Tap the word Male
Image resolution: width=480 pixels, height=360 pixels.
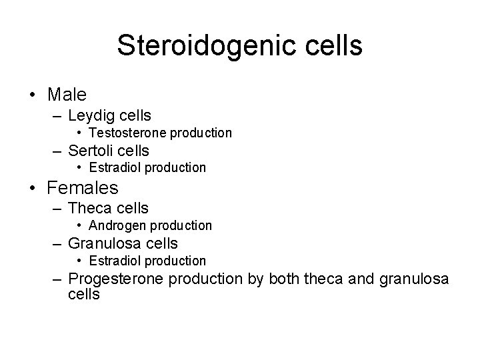[67, 95]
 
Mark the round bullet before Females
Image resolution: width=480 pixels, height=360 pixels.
[32, 189]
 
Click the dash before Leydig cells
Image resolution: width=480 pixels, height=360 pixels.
[57, 117]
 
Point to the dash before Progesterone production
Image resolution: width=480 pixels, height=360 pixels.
[57, 279]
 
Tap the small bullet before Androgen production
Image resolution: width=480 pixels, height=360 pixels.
[80, 226]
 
